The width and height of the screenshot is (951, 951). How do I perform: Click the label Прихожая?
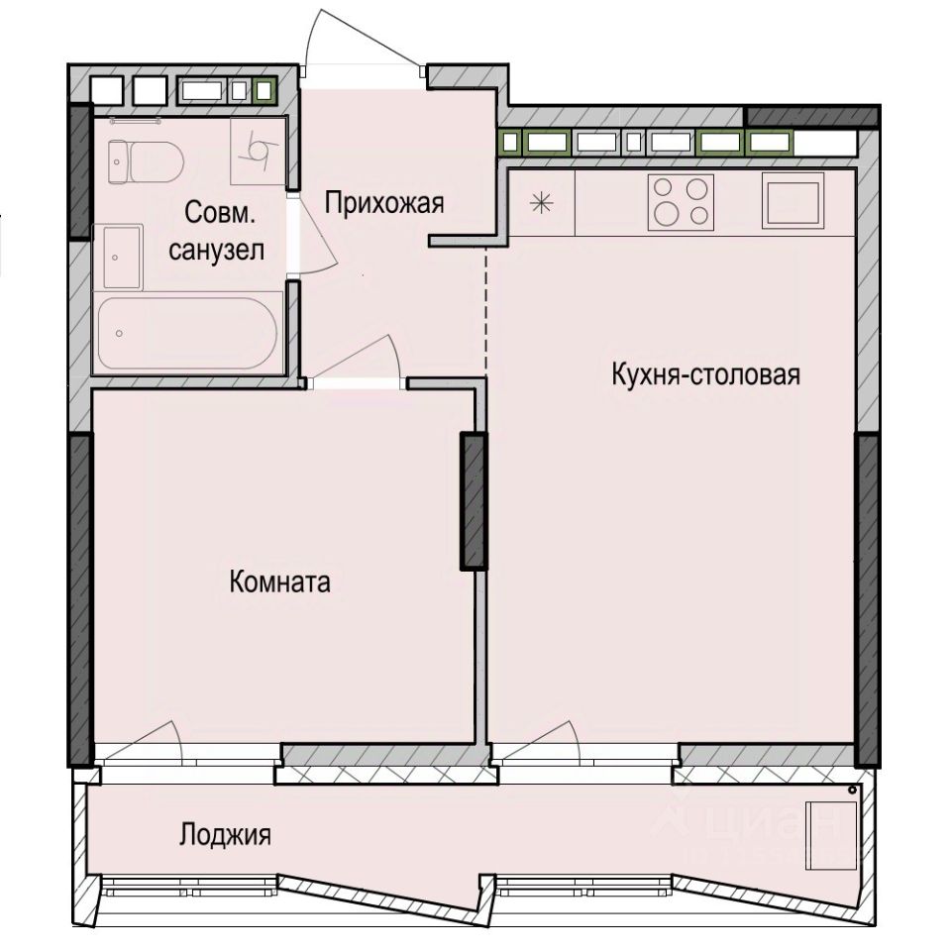(384, 204)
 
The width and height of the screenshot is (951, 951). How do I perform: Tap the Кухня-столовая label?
(705, 375)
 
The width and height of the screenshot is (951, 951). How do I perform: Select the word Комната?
(279, 582)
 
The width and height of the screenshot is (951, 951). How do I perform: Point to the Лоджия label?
(225, 835)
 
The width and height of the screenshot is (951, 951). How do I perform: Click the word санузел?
(216, 251)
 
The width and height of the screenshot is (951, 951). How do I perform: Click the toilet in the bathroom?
(146, 160)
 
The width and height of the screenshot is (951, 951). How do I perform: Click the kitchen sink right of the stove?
(792, 201)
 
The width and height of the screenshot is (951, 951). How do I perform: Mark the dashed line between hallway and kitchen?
(486, 307)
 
